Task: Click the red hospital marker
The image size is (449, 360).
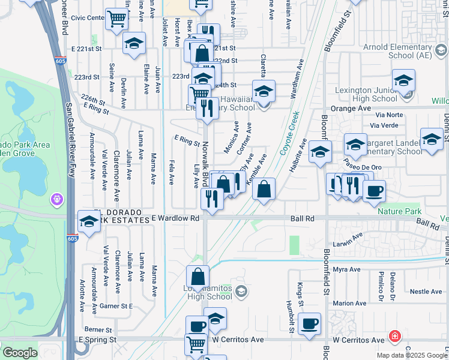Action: (394, 336)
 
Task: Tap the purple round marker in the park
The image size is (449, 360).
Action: (58, 197)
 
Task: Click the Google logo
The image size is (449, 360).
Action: (19, 353)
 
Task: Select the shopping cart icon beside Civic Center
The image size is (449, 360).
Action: (116, 19)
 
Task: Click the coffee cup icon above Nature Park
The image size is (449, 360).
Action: (374, 191)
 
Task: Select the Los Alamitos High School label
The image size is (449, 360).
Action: (210, 291)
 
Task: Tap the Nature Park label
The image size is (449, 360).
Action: (399, 211)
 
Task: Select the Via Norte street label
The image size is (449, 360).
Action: (389, 114)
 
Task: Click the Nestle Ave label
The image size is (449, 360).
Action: (426, 292)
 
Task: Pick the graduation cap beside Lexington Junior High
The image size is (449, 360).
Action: (403, 80)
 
